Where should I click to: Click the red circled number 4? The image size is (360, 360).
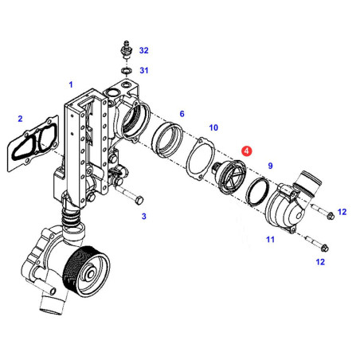click(x=247, y=151)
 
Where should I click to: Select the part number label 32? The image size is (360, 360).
click(x=144, y=50)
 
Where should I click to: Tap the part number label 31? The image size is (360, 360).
click(x=144, y=70)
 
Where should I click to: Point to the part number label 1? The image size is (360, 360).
click(x=71, y=84)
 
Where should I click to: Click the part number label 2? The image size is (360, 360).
click(x=20, y=119)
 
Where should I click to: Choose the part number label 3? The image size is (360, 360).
click(x=144, y=216)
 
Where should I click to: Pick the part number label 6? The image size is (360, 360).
click(x=182, y=114)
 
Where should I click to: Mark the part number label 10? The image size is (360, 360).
click(x=213, y=127)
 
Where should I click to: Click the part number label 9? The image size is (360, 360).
click(x=270, y=166)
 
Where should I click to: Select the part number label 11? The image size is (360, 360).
click(x=270, y=240)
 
